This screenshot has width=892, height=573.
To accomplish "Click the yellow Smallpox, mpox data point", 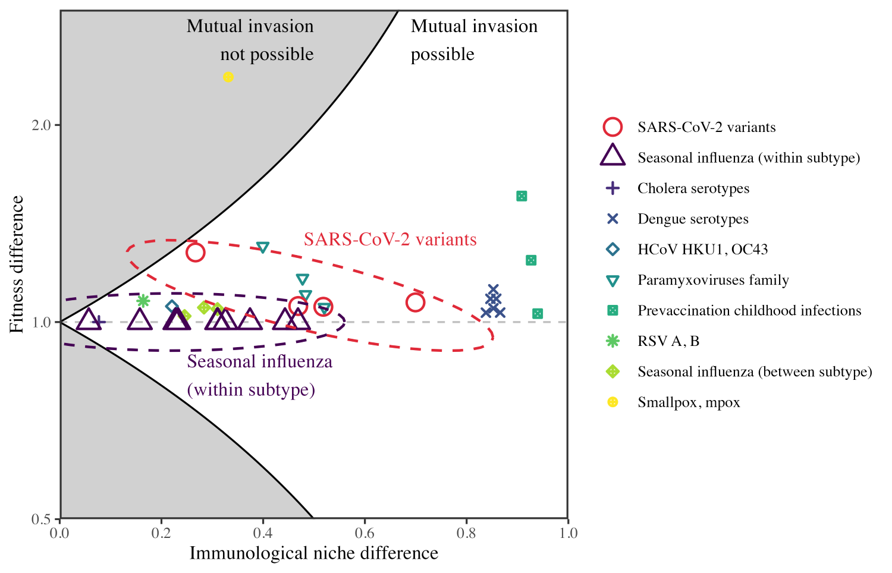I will point(228,77).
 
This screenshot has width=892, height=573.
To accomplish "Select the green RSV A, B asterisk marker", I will point(143,301).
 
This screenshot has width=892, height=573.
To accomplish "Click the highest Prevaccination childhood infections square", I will point(522,196).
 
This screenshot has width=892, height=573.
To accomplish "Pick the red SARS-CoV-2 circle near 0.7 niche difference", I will point(415,303).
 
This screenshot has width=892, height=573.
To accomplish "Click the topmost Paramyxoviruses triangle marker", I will point(263,247).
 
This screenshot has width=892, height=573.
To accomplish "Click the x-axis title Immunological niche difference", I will point(314,553).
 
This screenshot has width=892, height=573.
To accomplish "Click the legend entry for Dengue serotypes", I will point(693,219).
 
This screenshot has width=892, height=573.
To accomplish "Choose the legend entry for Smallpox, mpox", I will point(689,402).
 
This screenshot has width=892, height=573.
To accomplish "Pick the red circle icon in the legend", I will point(613,127).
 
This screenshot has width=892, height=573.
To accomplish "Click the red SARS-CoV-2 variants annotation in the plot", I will point(390,239).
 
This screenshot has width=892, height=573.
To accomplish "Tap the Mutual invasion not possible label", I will point(250,40).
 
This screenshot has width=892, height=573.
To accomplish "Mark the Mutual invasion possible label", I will point(474,40).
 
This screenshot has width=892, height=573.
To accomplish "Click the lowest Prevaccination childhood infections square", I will point(538,314).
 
